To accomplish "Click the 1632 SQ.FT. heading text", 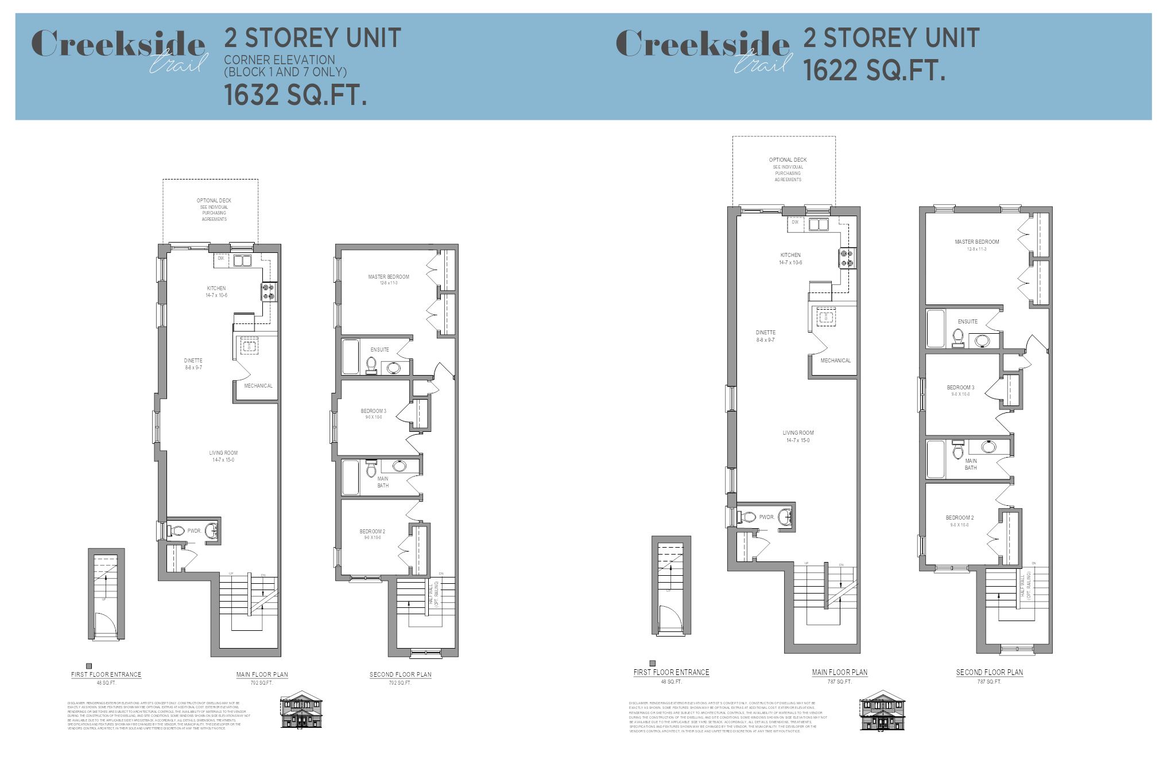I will tap(295, 95).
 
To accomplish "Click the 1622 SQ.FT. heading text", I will tap(874, 71).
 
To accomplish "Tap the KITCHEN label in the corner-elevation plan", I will tap(216, 288).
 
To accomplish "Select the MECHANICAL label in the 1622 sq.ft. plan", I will tap(835, 361).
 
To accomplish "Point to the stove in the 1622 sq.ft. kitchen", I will tap(847, 257).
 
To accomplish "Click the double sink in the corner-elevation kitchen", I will tap(242, 261).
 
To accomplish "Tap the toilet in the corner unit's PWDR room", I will tap(177, 531).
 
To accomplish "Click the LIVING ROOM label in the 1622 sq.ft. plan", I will tap(798, 433).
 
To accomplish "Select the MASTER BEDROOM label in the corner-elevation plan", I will tap(389, 277).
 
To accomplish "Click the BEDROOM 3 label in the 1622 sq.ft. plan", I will tap(960, 388).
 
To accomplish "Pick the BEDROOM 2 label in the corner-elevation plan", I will tap(373, 532).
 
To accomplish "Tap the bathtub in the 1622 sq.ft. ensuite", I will tap(936, 329).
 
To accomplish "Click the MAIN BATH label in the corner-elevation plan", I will tap(383, 482).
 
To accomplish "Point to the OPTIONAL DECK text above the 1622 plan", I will tap(788, 160).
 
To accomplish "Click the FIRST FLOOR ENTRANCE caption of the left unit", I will tap(106, 674).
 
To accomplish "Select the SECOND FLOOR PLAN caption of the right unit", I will tap(989, 672).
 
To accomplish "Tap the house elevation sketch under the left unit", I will tap(301, 711).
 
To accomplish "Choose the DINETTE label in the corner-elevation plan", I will tap(193, 361).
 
